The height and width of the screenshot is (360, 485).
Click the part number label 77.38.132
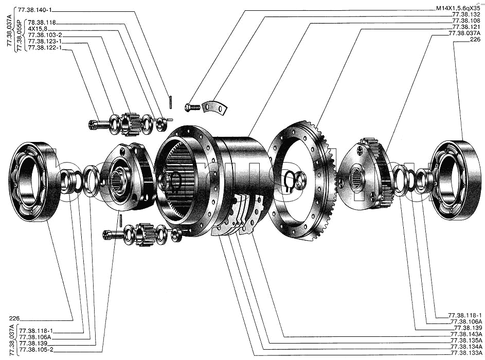point(466,15)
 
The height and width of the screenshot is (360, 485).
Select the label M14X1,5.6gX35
point(458,9)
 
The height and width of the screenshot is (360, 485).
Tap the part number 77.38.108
point(466,21)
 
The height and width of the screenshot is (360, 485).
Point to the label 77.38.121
point(466,27)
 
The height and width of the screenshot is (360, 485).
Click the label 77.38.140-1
point(34,10)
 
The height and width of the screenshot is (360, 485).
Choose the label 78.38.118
point(42,23)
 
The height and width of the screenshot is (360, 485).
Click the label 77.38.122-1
point(45,48)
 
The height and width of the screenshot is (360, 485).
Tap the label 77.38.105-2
point(36,350)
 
